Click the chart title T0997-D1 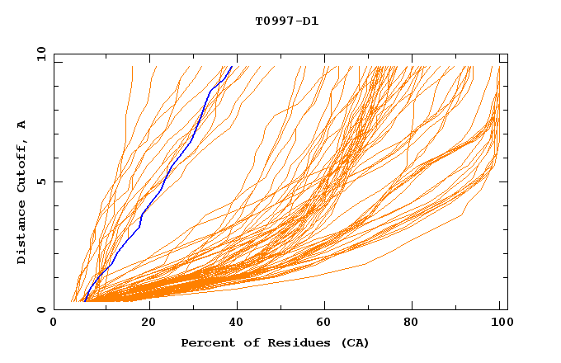286,21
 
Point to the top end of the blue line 232,66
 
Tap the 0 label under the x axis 54,323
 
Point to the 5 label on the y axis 40,181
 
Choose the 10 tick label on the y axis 40,54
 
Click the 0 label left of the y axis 40,310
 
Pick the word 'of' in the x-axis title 245,342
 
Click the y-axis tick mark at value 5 56,181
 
